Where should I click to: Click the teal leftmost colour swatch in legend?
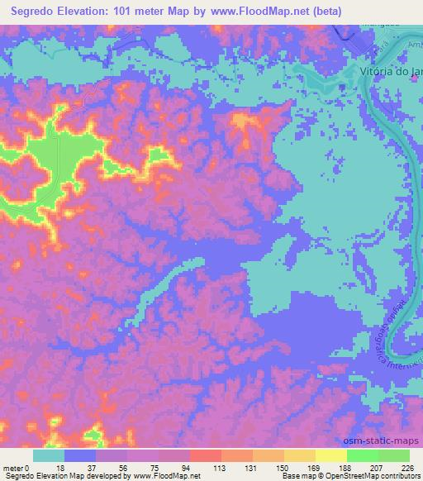pos(49,455)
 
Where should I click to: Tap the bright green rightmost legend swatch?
pos(393,455)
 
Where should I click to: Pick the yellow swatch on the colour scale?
pos(330,455)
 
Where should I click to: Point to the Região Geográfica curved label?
pos(388,331)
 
